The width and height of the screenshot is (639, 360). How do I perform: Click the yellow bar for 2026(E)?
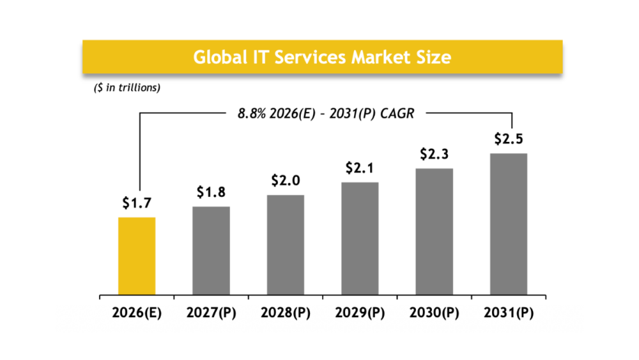click(x=137, y=256)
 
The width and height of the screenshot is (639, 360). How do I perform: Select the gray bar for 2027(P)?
click(x=211, y=251)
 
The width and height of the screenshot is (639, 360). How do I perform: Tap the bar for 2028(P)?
click(x=286, y=246)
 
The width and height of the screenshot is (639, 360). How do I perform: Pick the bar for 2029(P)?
click(x=360, y=239)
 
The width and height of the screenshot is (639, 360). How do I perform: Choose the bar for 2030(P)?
click(x=435, y=232)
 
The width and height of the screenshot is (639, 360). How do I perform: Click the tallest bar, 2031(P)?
click(x=509, y=224)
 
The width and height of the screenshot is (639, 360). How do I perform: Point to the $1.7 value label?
click(x=137, y=203)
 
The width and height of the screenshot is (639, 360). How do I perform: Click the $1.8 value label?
click(x=211, y=192)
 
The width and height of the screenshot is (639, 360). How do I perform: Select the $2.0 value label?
click(x=286, y=180)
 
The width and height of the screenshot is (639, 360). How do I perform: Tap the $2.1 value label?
click(x=360, y=168)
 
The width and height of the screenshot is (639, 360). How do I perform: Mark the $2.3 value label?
click(x=435, y=154)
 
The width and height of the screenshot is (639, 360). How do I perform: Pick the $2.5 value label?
click(x=509, y=139)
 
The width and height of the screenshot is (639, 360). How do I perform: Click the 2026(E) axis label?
click(x=137, y=313)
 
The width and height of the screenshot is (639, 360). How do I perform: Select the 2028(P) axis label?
click(x=286, y=313)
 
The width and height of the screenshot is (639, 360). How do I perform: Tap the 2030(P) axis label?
click(x=435, y=313)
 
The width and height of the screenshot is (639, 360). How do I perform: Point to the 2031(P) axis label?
click(x=509, y=313)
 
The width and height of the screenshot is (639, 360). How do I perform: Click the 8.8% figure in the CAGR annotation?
click(x=250, y=114)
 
